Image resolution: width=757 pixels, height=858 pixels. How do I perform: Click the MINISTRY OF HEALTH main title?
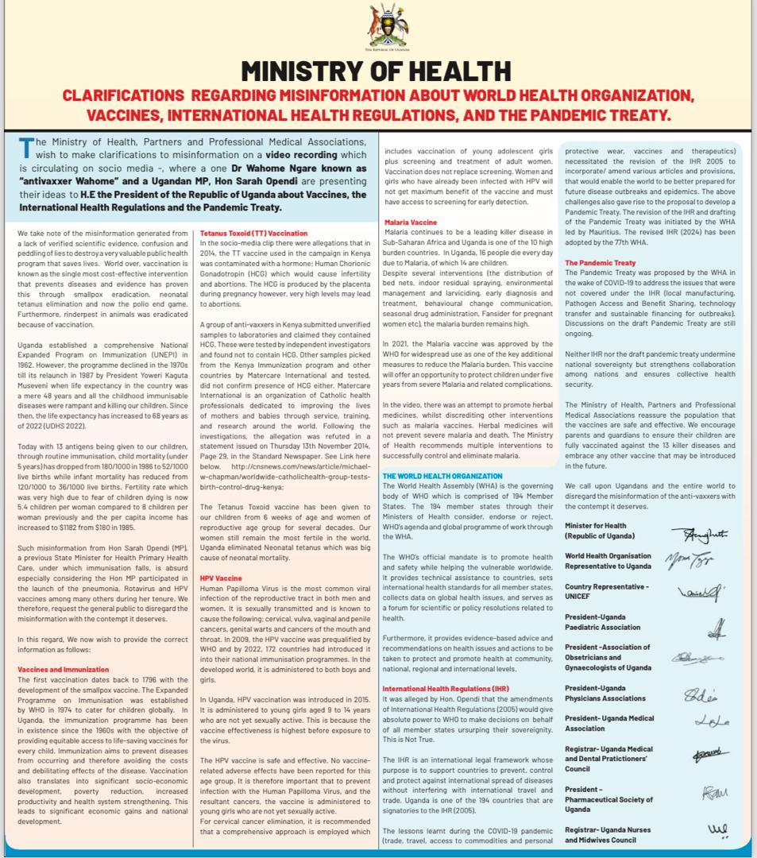tap(377, 71)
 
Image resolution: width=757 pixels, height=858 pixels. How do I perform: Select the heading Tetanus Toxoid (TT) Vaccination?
tap(253, 234)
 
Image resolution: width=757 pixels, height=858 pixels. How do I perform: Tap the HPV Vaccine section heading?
tap(221, 578)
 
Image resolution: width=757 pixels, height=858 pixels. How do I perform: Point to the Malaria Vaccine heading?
tap(410, 222)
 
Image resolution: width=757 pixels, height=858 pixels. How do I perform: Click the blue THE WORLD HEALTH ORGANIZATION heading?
tap(442, 476)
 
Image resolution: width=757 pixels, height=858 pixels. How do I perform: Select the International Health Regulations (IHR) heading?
tap(446, 688)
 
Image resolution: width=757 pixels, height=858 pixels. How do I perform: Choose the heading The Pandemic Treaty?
tap(600, 263)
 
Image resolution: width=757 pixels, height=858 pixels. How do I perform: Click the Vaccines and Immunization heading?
tap(64, 669)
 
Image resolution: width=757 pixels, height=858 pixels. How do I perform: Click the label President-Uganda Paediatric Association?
tap(602, 621)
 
